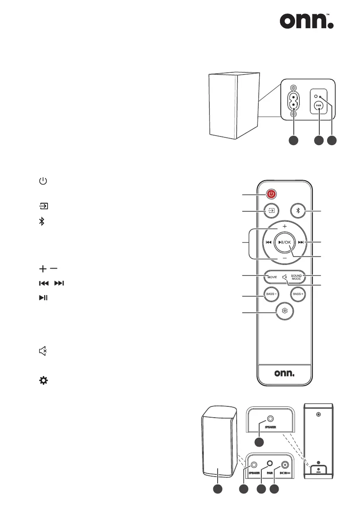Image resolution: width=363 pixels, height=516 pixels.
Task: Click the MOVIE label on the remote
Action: point(272,276)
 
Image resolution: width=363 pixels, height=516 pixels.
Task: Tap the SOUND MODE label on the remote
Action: point(296,276)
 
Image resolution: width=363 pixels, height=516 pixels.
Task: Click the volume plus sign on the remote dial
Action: point(284,227)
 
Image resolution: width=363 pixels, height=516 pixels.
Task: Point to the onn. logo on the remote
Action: point(284,373)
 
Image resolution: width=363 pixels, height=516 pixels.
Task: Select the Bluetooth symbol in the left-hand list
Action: point(42,221)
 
